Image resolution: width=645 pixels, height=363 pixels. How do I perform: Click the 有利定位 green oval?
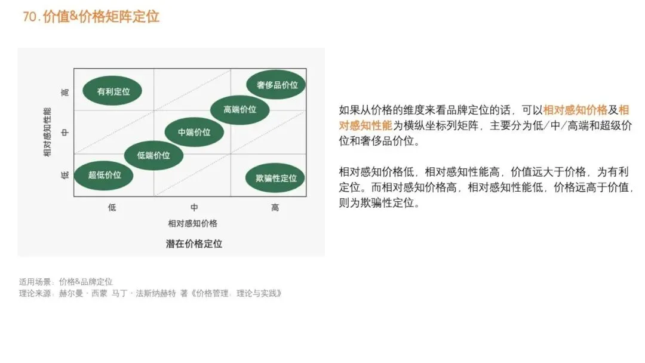[113, 91]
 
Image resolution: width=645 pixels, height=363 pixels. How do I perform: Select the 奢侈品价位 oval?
[277, 85]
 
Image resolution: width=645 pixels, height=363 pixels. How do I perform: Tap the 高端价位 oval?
[239, 109]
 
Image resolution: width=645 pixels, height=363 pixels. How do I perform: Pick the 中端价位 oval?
[194, 132]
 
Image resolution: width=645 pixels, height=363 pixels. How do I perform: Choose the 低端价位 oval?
[153, 155]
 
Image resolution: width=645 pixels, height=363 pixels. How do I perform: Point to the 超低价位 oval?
[105, 175]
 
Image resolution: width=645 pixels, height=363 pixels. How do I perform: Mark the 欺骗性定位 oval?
[275, 178]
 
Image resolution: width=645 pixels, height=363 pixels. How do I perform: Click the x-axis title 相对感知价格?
[192, 223]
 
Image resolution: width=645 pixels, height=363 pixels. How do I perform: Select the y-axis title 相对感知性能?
[47, 132]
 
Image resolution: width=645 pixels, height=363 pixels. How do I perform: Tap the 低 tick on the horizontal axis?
[112, 207]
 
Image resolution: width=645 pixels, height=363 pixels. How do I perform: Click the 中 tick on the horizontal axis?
[194, 207]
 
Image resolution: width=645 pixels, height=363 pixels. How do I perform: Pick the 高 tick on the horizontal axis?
[275, 207]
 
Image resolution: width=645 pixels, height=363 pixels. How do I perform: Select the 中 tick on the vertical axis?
[65, 132]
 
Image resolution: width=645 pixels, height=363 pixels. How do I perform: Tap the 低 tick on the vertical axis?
[65, 175]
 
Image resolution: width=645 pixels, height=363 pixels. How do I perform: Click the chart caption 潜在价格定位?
[193, 244]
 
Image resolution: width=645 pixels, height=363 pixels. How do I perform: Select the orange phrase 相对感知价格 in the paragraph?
[575, 110]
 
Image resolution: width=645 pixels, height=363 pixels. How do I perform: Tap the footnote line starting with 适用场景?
[66, 281]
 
